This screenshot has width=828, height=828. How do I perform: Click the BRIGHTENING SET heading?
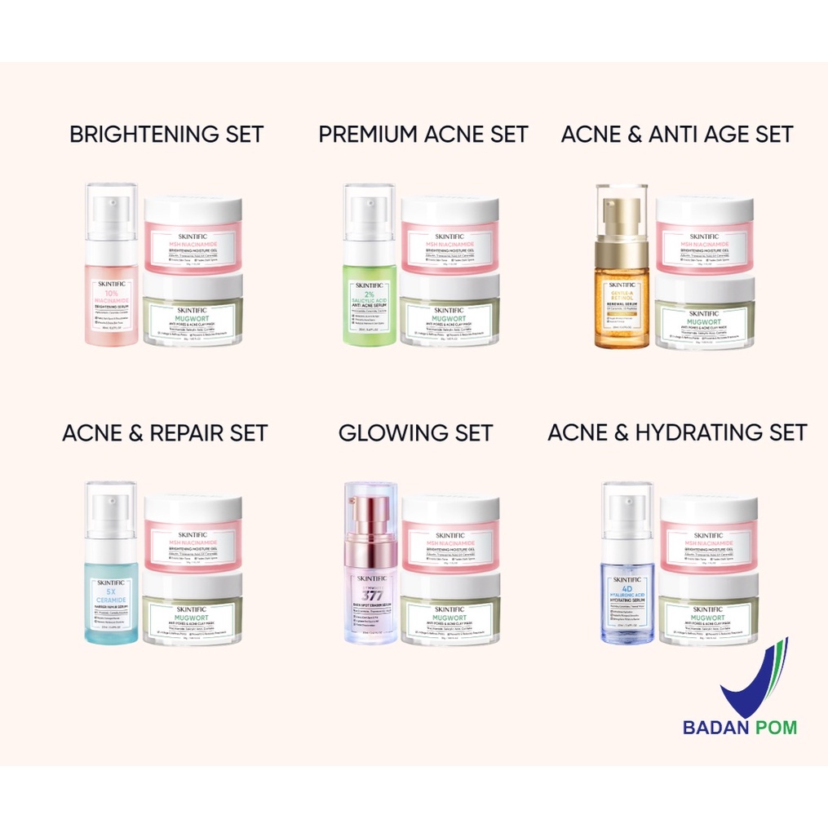[166, 134]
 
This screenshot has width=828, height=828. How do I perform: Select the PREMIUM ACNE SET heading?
[423, 134]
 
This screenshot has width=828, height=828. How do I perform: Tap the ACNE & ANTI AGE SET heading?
[677, 134]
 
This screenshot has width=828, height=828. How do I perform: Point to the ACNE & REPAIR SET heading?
[165, 432]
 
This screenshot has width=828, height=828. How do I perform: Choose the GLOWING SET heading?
[416, 432]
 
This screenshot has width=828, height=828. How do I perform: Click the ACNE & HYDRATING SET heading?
[677, 432]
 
